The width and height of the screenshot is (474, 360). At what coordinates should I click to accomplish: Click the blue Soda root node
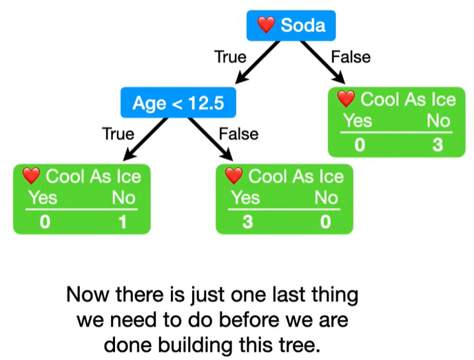291,27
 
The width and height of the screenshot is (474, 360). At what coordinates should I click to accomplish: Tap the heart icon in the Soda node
267,26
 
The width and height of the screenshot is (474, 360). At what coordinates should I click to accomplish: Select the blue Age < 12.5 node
178,103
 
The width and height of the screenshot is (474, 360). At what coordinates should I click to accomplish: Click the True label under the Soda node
230,57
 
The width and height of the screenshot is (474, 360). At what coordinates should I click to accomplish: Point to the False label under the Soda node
351,57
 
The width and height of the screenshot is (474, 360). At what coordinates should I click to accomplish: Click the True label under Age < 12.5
118,134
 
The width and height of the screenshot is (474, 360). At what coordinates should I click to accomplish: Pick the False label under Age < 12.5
239,134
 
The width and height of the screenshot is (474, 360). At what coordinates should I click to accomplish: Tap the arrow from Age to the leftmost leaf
141,140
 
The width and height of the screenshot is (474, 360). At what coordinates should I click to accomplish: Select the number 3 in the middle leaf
245,222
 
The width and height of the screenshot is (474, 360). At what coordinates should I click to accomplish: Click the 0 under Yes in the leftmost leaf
43,222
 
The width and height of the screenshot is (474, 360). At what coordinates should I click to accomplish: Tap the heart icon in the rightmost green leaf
346,100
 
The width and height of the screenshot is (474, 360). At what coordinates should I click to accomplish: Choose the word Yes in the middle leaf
245,198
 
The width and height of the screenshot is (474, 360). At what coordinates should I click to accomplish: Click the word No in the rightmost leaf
437,122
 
